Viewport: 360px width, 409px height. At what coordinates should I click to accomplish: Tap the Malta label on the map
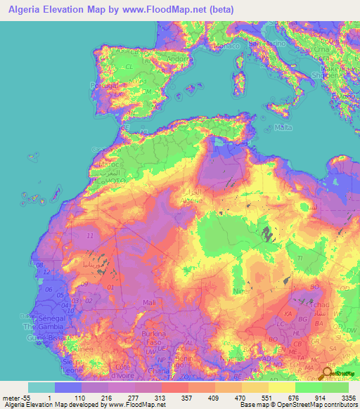[283, 127]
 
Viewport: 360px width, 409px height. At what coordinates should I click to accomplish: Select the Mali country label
[149, 303]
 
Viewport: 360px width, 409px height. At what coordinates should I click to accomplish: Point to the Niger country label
[241, 287]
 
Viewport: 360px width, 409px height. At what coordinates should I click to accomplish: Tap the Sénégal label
[38, 319]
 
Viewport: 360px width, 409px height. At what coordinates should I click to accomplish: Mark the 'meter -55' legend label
[13, 397]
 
